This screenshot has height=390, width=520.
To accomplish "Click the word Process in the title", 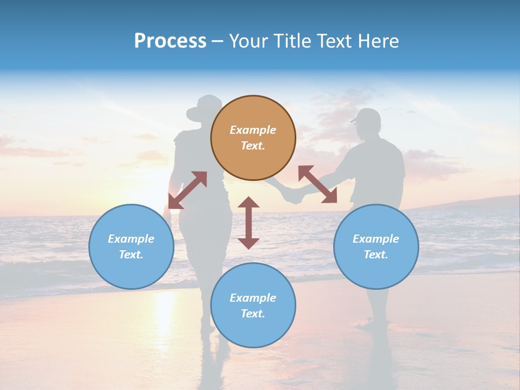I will [170, 41].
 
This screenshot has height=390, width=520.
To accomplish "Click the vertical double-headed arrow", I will [249, 223].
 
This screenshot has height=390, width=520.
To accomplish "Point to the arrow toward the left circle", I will [187, 190].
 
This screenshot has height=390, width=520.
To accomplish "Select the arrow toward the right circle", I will [317, 184].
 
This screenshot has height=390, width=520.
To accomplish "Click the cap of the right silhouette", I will [366, 115].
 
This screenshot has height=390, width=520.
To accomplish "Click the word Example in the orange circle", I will [253, 130].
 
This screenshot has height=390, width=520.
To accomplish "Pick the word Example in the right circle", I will [376, 239].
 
